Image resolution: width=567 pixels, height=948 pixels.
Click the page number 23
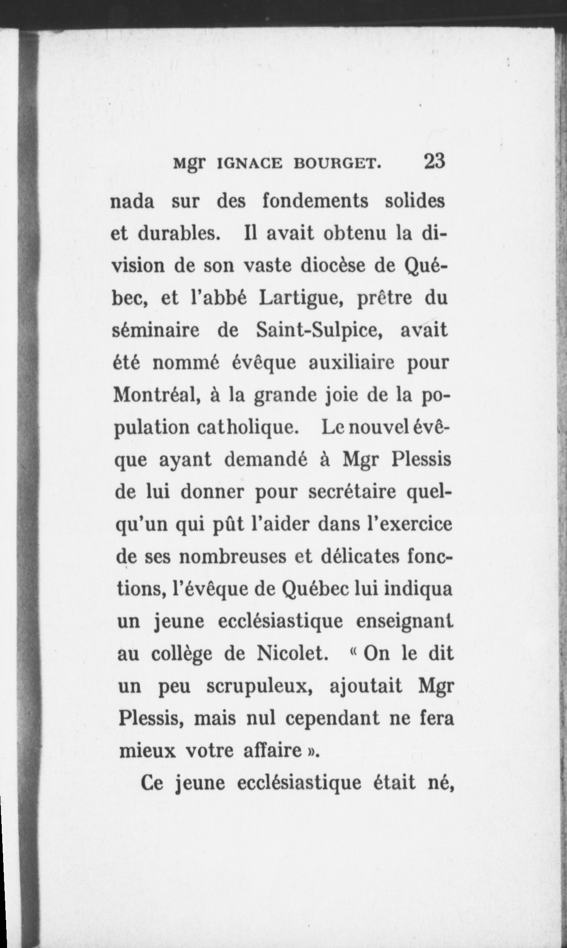coord(434,161)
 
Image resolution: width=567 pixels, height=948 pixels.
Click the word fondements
coord(315,202)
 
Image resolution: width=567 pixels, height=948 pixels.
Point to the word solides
coord(414,202)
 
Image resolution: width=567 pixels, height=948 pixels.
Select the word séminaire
coord(156,330)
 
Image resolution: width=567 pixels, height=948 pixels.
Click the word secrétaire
coord(353,492)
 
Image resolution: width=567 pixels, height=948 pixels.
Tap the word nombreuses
coord(227,556)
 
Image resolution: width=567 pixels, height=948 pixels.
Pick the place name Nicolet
coord(292,654)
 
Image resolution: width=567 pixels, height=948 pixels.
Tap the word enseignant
coord(405,621)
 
